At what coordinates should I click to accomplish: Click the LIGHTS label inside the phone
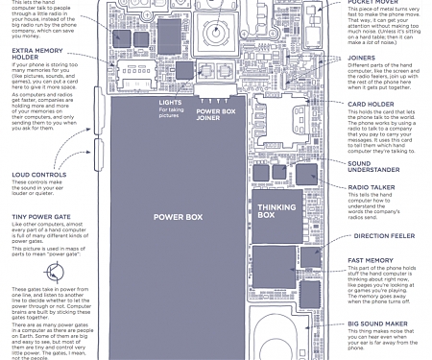(x=171, y=102)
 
